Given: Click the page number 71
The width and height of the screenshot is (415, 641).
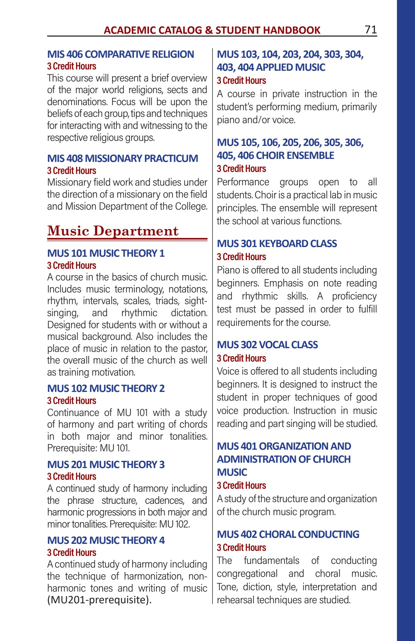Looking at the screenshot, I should tap(371, 30).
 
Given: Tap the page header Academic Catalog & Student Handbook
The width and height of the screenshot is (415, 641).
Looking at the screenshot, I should tap(212, 30).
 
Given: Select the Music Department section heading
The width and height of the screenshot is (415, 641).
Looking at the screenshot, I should tap(113, 231).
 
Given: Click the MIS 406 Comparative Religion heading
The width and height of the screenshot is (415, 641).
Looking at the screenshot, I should tap(120, 54).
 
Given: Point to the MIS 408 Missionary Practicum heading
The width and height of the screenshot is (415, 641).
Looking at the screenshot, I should tap(122, 158).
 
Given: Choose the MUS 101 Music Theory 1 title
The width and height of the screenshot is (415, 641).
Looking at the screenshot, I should tap(106, 253).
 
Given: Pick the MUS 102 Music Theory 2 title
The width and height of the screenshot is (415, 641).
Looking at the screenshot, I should tap(106, 389).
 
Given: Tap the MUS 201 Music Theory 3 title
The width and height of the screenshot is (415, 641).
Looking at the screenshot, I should tap(106, 465).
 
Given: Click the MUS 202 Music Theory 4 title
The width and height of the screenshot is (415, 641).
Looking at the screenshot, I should tap(106, 541).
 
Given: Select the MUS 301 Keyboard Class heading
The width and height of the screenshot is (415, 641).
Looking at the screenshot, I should tap(277, 244).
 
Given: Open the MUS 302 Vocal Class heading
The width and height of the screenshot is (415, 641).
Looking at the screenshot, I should tap(267, 345).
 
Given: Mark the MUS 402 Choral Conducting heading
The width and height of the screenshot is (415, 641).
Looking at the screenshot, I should tap(288, 535).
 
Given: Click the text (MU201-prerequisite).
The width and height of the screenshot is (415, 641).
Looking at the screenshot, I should tap(99, 600).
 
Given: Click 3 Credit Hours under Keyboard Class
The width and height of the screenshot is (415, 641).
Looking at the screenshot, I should tap(241, 257).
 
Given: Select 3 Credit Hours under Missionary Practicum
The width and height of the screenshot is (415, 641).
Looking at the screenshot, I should tap(72, 171).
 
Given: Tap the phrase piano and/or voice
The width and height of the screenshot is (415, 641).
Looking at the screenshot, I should tap(256, 120).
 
